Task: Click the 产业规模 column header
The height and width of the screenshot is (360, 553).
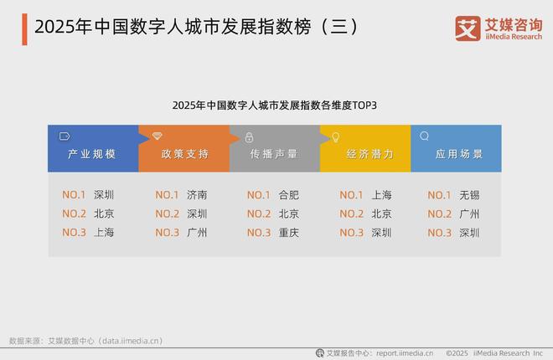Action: (91, 155)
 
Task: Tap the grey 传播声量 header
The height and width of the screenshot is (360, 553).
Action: (274, 155)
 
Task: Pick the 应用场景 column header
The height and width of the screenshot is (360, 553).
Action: (458, 155)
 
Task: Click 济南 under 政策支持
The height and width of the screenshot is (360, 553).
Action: (197, 195)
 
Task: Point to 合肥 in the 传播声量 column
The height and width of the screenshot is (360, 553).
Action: (289, 195)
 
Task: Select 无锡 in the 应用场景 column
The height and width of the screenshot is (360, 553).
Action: (469, 195)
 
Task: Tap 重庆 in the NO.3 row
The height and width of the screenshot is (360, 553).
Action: (289, 233)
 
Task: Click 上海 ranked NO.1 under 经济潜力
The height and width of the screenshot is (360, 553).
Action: (381, 195)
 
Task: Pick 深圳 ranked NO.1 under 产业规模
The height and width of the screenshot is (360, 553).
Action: (104, 195)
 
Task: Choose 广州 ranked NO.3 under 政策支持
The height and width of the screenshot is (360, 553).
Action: (197, 233)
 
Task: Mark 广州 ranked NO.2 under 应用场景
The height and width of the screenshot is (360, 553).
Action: (469, 213)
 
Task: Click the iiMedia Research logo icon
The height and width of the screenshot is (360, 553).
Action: (466, 28)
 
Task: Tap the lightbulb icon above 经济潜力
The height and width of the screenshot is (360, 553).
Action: (335, 136)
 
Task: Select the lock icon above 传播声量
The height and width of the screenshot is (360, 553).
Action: (248, 136)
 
